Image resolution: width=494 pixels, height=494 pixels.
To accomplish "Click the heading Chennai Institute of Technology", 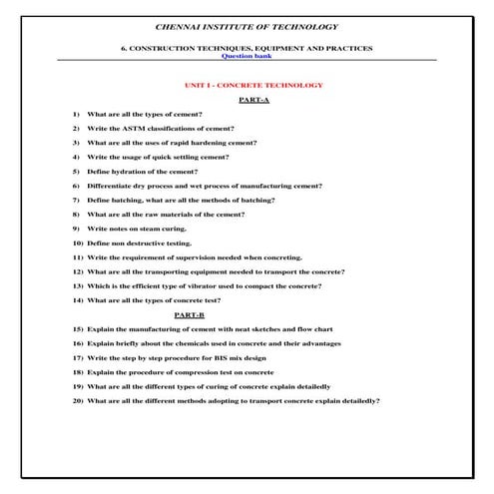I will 247,26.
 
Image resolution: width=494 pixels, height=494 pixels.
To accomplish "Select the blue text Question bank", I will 247,56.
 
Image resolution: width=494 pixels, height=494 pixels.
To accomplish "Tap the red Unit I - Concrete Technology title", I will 247,86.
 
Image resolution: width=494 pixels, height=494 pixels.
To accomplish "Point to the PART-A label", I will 254,101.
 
